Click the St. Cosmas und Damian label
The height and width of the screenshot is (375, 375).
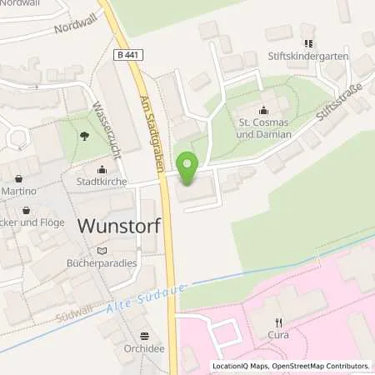[264, 129]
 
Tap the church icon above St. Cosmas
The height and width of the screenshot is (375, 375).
[264, 110]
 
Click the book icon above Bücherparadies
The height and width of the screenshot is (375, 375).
[102, 249]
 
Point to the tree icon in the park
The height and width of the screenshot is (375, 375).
[84, 134]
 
